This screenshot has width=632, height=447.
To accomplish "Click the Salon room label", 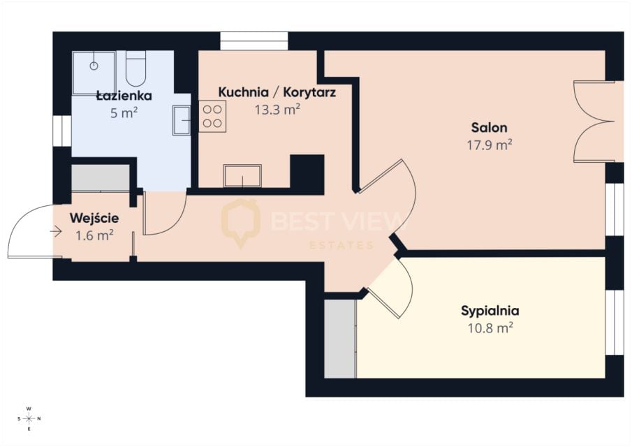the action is [489, 128].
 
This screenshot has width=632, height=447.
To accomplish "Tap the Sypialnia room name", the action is [490, 311].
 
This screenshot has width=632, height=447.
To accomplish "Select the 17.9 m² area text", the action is [490, 145].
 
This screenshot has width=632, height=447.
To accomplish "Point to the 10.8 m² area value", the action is [490, 328].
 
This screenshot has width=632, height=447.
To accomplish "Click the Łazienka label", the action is [124, 96].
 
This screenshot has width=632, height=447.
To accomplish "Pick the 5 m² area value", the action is [124, 113].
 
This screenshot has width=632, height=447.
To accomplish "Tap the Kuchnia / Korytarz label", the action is [277, 92].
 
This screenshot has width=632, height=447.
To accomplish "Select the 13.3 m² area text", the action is [277, 109].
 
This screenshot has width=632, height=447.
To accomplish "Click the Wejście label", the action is [94, 219].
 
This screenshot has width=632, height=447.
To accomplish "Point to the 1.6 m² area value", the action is [94, 235].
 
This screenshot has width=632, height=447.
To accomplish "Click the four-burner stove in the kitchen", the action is [212, 117].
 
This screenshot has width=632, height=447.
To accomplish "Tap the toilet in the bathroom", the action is [136, 68].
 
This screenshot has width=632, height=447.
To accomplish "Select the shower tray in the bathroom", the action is [94, 73].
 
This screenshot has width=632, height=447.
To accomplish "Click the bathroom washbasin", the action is [182, 120].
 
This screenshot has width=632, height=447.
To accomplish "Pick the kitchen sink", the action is [242, 176].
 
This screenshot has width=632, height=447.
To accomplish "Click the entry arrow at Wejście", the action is [56, 231].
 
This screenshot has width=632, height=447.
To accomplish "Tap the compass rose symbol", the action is [29, 418].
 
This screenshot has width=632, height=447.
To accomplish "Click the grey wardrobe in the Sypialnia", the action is [340, 339].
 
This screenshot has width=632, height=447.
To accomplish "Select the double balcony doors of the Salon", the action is [594, 122].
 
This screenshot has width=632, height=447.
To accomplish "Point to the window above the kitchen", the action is [254, 41].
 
